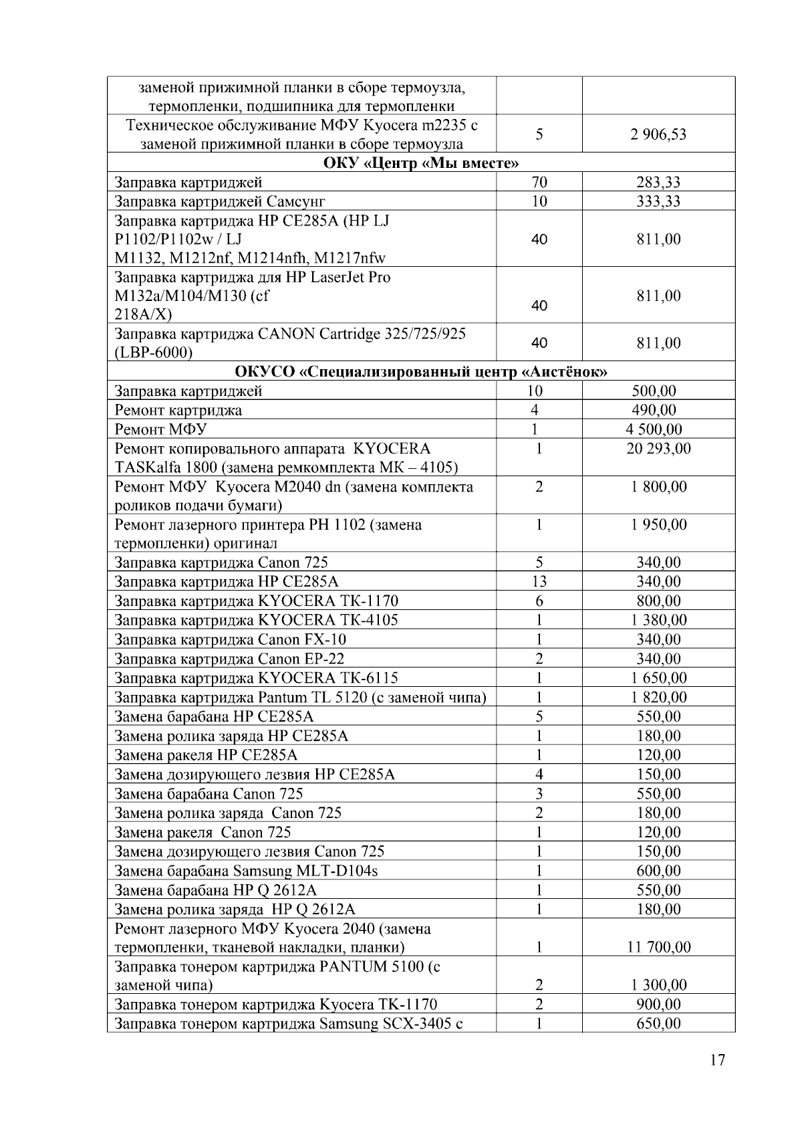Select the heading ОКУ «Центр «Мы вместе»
[421, 163]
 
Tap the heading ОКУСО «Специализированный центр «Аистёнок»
[421, 372]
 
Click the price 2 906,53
[658, 134]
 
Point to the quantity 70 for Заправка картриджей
[539, 182]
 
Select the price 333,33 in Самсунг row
[658, 201]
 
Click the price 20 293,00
[658, 448]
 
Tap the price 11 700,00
[658, 947]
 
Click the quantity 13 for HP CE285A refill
[539, 582]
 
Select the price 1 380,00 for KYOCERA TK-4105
[658, 620]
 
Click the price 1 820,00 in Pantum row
[658, 698]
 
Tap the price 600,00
[658, 871]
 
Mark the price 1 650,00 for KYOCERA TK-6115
[658, 678]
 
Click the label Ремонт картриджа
[178, 410]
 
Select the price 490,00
[654, 410]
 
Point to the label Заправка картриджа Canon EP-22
[229, 659]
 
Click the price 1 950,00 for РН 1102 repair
[658, 524]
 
